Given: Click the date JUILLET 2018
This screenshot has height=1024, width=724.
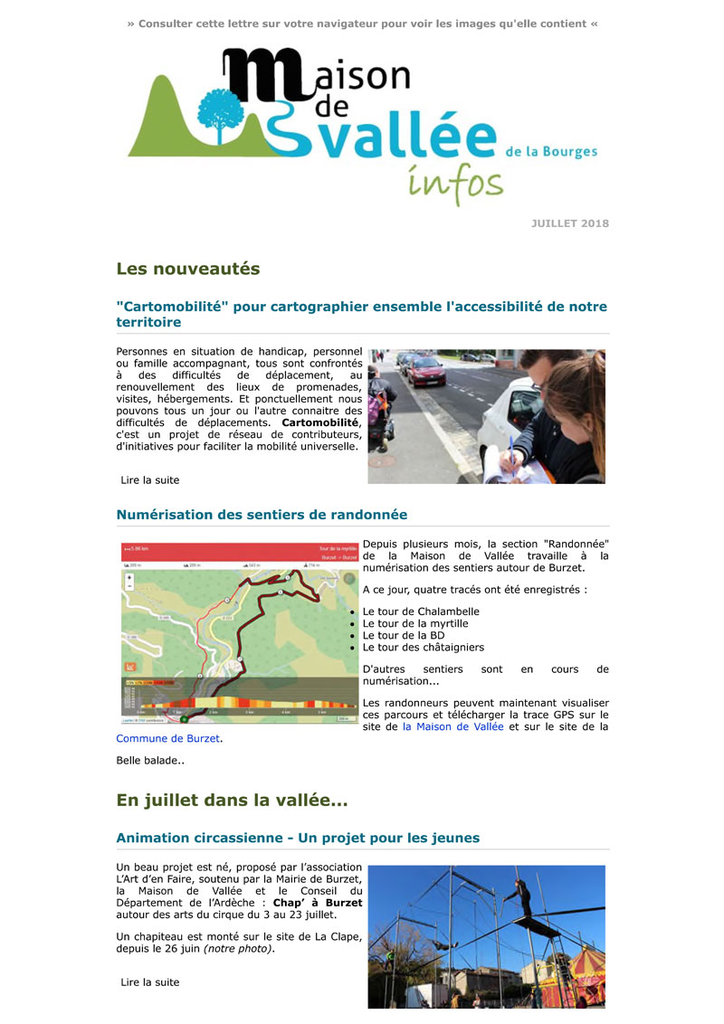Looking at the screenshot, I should point(569,223).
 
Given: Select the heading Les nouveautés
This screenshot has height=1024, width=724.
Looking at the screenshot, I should point(187,269).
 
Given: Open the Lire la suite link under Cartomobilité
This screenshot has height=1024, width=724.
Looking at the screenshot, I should point(150,480).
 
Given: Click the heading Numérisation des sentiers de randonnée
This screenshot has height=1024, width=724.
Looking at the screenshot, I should point(262,515).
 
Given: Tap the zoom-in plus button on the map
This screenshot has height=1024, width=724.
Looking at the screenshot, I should point(129,577).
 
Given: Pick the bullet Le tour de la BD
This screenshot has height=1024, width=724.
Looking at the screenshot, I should point(404,635).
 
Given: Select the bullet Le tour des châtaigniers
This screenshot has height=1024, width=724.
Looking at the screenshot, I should point(423,647).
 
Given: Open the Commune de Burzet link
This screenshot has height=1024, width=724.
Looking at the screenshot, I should point(168,738).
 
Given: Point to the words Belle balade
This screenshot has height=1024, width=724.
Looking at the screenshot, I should point(150,761).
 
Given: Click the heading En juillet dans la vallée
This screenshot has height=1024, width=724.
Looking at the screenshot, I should point(232,801).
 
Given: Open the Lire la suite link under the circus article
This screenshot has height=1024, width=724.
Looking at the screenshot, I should point(150,982).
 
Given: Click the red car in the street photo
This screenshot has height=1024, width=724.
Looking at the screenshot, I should point(425,370).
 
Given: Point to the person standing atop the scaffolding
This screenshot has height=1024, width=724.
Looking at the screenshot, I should point(518,891).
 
